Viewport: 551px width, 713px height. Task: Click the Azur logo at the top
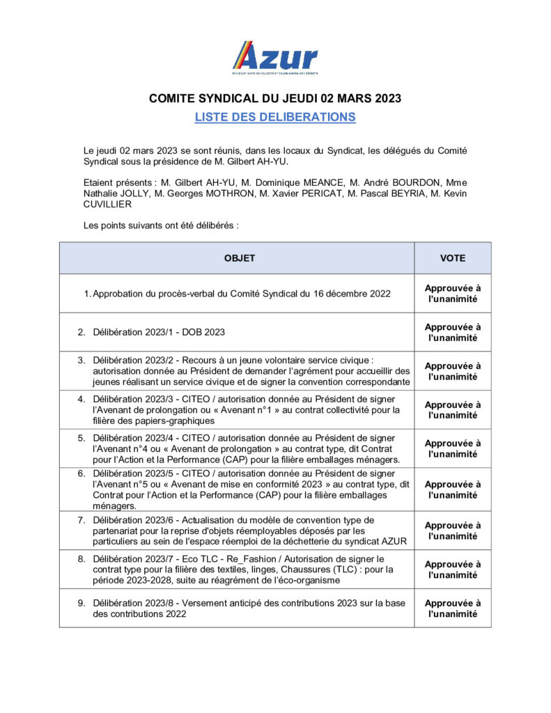274,58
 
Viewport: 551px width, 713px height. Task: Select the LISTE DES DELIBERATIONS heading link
275,117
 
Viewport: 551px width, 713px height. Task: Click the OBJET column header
239,258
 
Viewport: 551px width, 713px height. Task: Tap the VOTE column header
453,258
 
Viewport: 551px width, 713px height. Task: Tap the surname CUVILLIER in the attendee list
107,205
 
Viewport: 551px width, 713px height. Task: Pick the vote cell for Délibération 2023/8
453,609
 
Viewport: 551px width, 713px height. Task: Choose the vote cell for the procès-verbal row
453,294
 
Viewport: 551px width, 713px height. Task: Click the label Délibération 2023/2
132,360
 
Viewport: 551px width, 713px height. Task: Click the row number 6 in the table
81,473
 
